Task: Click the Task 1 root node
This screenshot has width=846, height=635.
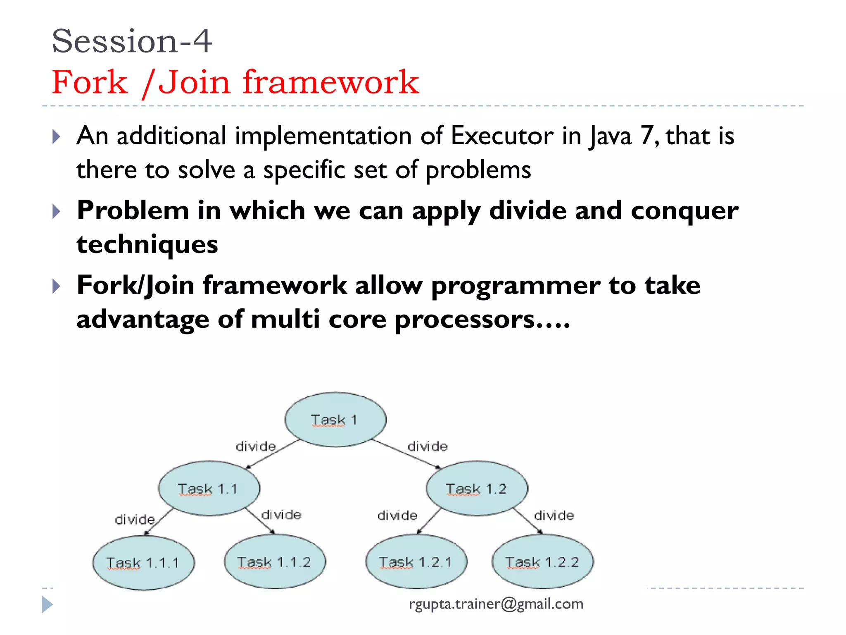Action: point(335,420)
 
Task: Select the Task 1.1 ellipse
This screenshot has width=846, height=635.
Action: point(209,489)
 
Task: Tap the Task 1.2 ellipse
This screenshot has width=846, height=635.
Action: point(477,489)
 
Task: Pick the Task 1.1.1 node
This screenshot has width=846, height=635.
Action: point(143,563)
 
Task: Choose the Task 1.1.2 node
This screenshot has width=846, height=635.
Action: point(275,562)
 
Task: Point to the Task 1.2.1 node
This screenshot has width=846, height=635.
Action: point(416,562)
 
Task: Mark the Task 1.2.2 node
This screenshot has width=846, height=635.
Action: point(542,562)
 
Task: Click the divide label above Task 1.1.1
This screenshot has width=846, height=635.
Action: point(135,519)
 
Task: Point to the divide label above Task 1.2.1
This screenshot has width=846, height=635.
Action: point(397,516)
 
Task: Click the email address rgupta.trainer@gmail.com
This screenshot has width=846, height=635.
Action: point(496,604)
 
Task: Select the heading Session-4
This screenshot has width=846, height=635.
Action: point(132,41)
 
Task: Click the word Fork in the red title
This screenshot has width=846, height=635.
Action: point(90,82)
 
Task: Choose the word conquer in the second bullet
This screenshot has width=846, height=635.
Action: point(684,210)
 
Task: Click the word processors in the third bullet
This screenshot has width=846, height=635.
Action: point(465,320)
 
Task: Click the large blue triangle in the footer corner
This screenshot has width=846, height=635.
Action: point(47,604)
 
